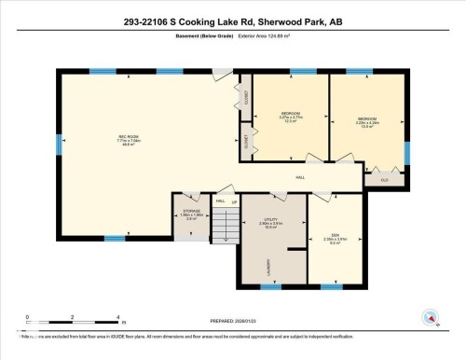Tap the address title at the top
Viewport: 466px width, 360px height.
tap(233, 21)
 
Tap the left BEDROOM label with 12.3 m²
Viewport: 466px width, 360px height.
tap(290, 116)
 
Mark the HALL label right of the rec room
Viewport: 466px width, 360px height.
tap(300, 177)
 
